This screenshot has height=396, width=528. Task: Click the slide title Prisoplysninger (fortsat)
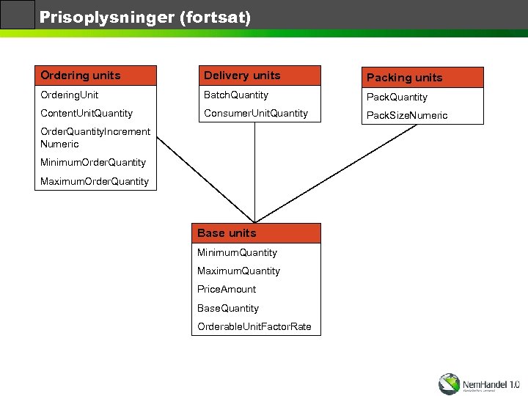pos(145,17)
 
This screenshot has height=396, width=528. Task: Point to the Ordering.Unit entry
pos(70,95)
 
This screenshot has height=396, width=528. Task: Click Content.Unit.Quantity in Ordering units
pos(87,114)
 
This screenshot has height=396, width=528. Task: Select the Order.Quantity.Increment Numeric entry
pos(85,138)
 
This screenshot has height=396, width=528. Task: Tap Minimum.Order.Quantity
pos(93,162)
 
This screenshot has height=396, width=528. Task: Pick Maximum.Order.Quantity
pos(95,181)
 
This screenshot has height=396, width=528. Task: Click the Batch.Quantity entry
pos(236,95)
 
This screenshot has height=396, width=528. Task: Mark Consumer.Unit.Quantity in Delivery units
pos(256,114)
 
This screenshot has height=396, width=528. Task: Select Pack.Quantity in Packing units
pos(397,97)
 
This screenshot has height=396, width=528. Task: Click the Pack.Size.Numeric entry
pos(407,116)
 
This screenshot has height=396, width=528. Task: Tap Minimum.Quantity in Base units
pos(237,253)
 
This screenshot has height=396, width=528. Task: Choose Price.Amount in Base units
pos(227,290)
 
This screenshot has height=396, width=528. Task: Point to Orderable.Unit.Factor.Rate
pos(254,326)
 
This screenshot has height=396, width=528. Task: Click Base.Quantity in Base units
pos(228,308)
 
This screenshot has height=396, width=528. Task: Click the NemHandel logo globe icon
pos(449,384)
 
